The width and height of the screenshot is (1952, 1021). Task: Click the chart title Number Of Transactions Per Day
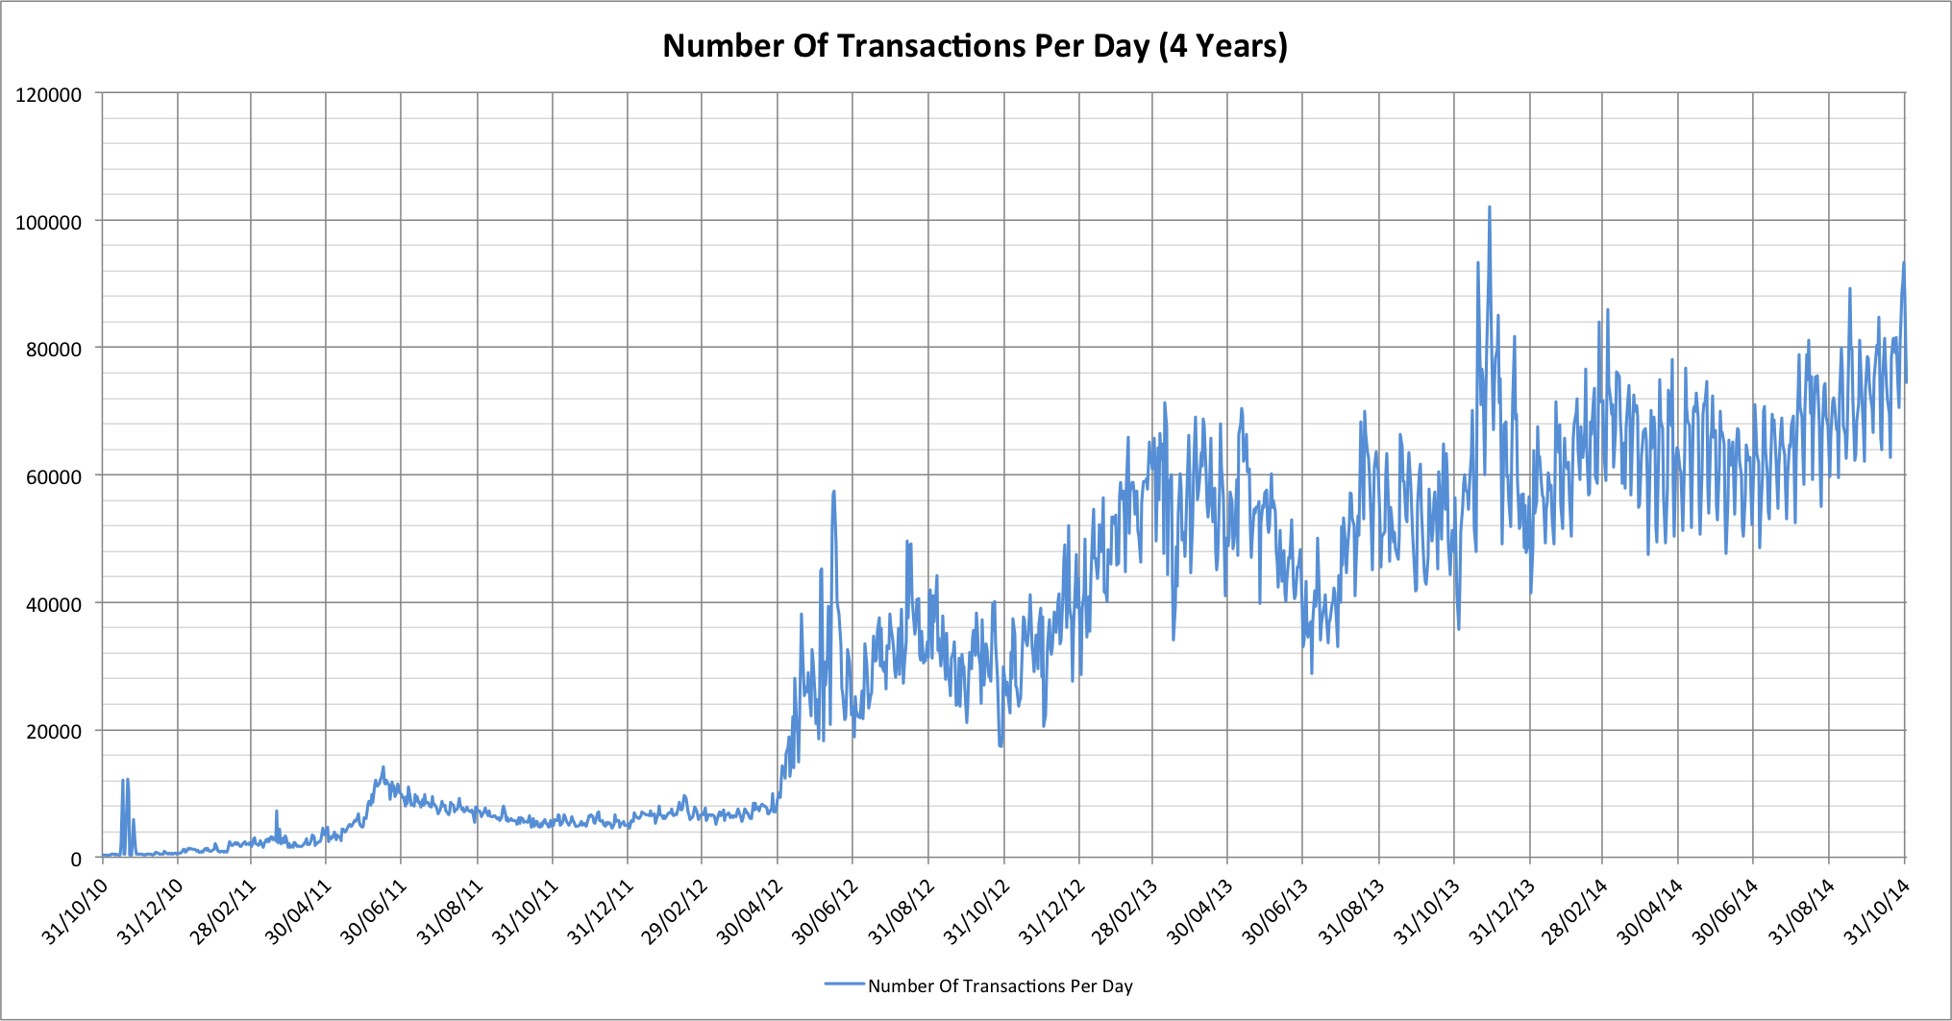(x=975, y=46)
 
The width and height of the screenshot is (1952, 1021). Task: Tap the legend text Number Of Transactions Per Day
(x=1000, y=985)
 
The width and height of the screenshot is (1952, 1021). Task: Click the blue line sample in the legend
(x=845, y=985)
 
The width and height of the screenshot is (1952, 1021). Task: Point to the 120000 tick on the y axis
(x=48, y=95)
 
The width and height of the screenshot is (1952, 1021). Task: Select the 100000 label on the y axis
(x=48, y=223)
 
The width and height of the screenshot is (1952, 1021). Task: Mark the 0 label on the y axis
(x=76, y=860)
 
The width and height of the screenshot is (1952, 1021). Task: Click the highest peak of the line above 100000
(x=1489, y=207)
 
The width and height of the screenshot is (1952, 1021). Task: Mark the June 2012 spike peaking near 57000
(x=833, y=493)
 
